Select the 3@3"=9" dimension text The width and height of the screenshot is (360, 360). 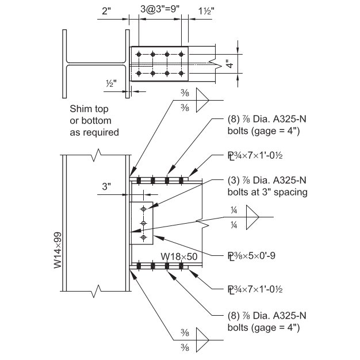pyautogui.click(x=160, y=10)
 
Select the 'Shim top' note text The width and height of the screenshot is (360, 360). pyautogui.click(x=89, y=109)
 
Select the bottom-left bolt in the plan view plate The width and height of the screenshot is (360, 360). pyautogui.click(x=138, y=73)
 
